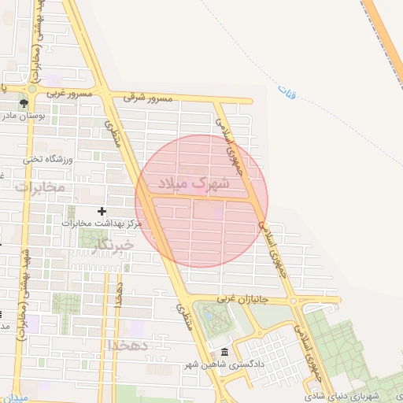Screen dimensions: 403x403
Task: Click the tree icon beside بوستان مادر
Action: tap(24, 102)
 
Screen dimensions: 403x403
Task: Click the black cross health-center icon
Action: tap(102, 211)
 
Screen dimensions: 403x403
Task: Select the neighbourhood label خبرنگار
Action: tap(113, 246)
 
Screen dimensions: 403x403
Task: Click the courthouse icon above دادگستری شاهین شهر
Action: tap(225, 352)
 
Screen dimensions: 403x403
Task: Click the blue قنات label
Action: tap(288, 94)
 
